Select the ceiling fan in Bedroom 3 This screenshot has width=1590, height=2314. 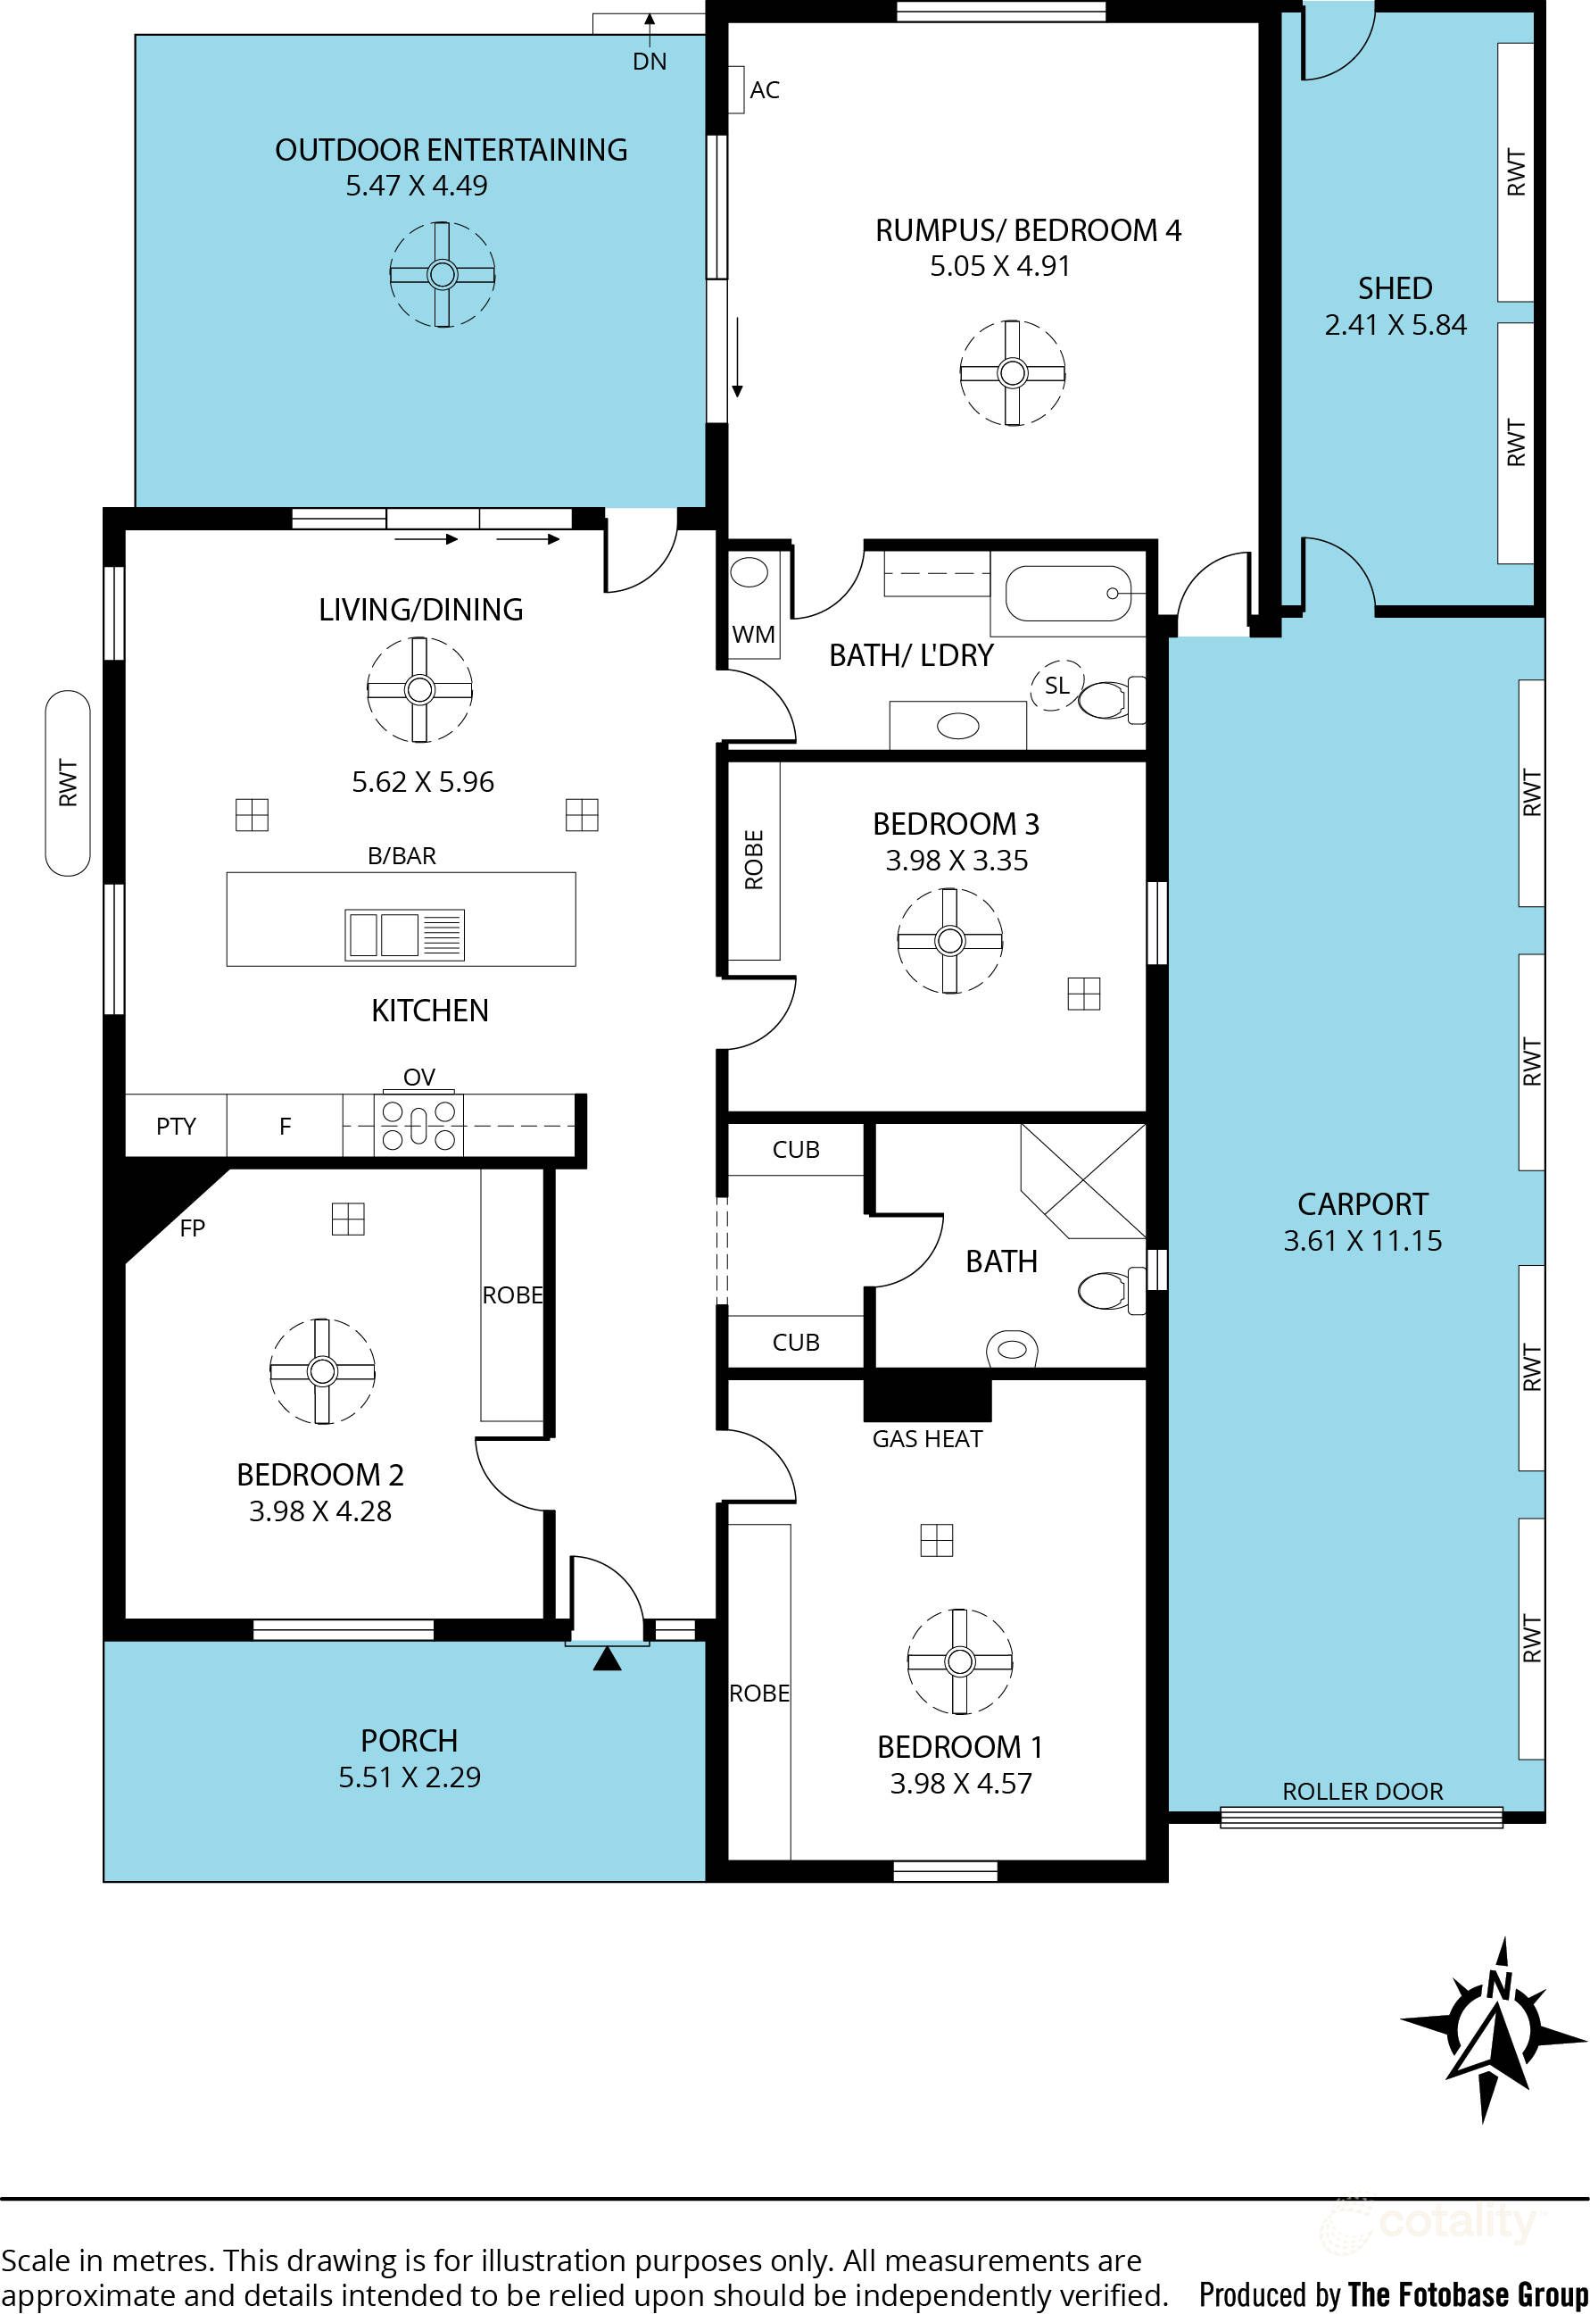pos(949,940)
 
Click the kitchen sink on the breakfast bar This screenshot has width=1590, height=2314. pos(404,934)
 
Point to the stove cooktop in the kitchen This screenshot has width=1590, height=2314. pos(418,1125)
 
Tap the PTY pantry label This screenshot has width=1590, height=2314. pos(177,1126)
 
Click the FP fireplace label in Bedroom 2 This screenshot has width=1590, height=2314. pos(192,1228)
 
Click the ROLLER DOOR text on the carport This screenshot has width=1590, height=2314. pos(1362,1791)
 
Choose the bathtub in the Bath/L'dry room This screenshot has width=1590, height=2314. pos(1067,594)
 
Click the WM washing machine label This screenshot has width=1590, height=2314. pos(753,634)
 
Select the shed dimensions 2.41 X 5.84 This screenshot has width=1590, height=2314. pos(1395,325)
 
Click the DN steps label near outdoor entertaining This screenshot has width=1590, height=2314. pos(650,62)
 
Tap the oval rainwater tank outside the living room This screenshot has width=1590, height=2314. pos(68,783)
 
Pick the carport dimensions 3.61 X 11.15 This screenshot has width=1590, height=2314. pos(1362,1241)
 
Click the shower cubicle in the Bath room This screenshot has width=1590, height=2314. pos(1083,1181)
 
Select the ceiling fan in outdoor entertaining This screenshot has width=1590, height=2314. pos(443,274)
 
